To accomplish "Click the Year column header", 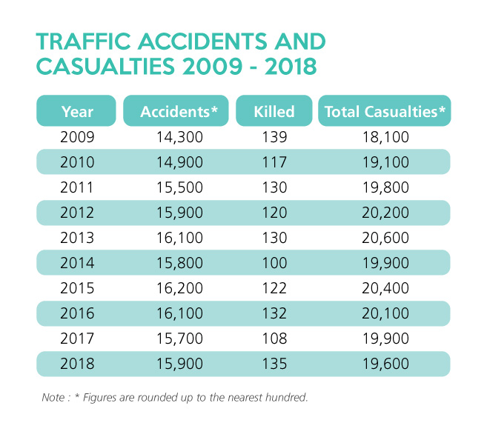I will click(x=77, y=112).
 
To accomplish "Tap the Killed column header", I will click(x=274, y=112).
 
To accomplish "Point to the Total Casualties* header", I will click(x=385, y=112).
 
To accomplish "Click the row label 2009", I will click(x=77, y=137).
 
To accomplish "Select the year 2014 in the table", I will click(x=77, y=262).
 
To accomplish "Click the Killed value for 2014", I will click(x=274, y=262).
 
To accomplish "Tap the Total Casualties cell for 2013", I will click(x=385, y=237).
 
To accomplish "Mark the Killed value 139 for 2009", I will click(x=274, y=137).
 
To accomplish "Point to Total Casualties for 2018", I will click(x=385, y=363).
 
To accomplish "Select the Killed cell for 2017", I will click(x=274, y=338).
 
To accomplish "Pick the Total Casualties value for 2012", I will click(x=385, y=212).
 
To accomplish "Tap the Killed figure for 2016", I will click(x=274, y=313).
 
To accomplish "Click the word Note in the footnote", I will click(x=54, y=398).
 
